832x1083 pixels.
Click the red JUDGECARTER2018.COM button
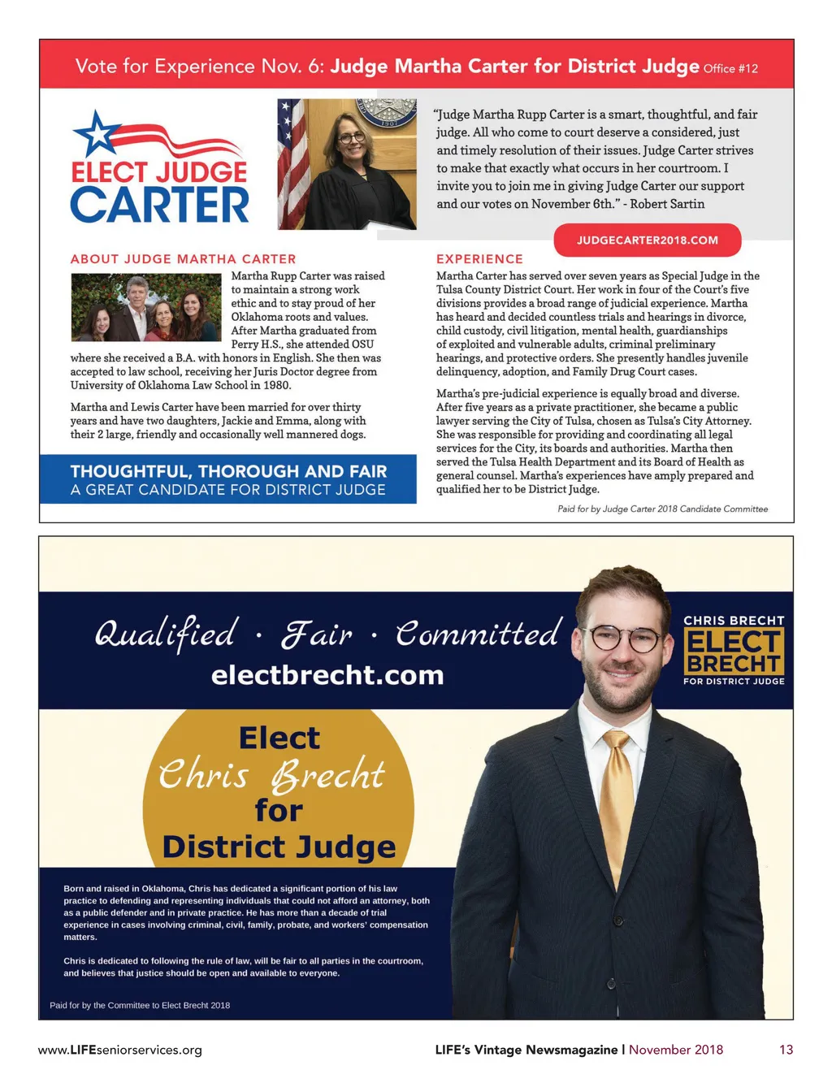tap(647, 240)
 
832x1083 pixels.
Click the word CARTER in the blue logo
tap(160, 205)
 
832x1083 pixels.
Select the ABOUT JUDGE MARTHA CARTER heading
tap(183, 259)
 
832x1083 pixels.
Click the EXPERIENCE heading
tap(479, 259)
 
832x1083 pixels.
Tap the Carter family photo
tap(146, 307)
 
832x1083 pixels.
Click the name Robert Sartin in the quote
tap(667, 204)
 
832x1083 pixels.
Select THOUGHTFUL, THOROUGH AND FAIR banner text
tap(228, 471)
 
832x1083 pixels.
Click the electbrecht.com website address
tap(327, 675)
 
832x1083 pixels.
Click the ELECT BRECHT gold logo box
tap(733, 652)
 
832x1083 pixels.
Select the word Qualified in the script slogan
tap(166, 634)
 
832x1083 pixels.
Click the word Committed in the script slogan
tap(478, 634)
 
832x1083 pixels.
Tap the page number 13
tap(786, 1050)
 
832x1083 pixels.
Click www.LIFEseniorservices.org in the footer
tap(120, 1050)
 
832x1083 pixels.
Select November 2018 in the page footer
tap(675, 1050)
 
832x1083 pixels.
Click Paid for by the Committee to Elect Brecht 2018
tap(140, 1005)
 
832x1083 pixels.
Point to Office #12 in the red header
tap(730, 69)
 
